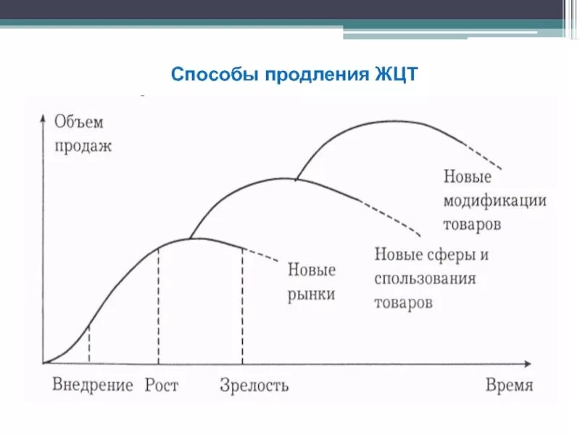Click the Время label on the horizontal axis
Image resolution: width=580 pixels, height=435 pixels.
(x=510, y=384)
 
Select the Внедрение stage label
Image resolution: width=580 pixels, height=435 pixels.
(x=93, y=384)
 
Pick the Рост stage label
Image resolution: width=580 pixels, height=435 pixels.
(x=161, y=384)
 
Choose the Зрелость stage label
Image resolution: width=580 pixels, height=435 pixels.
(x=254, y=384)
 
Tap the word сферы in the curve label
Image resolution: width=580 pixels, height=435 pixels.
(x=449, y=254)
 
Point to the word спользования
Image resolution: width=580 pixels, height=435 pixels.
(x=426, y=278)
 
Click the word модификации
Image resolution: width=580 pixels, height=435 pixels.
(x=494, y=200)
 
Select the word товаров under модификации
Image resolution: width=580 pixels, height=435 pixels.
(x=472, y=223)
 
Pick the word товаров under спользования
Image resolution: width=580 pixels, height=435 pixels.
(x=404, y=302)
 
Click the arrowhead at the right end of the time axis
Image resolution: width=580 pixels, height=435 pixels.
(x=533, y=362)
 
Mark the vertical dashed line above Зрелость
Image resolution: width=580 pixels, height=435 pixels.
(x=242, y=304)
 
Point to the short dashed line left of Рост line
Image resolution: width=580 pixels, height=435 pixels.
(x=88, y=344)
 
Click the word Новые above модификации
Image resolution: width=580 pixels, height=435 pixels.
(x=468, y=176)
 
